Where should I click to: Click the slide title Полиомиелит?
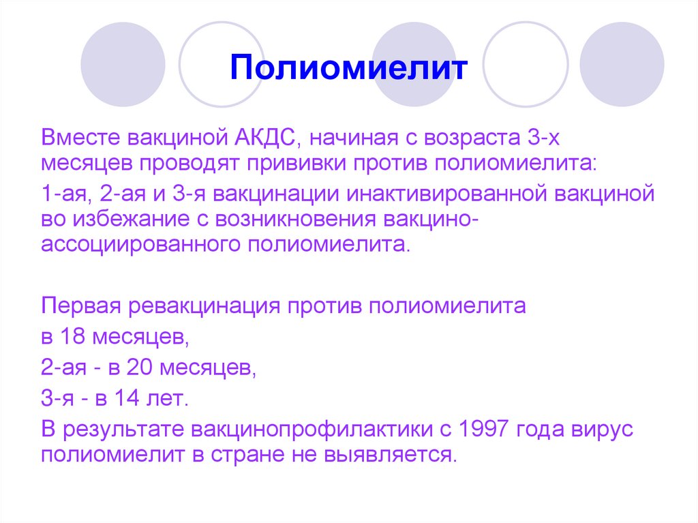click(x=348, y=69)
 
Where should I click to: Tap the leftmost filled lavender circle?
click(x=123, y=64)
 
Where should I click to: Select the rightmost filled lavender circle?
click(x=622, y=64)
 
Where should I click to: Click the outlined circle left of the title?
click(x=221, y=64)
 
